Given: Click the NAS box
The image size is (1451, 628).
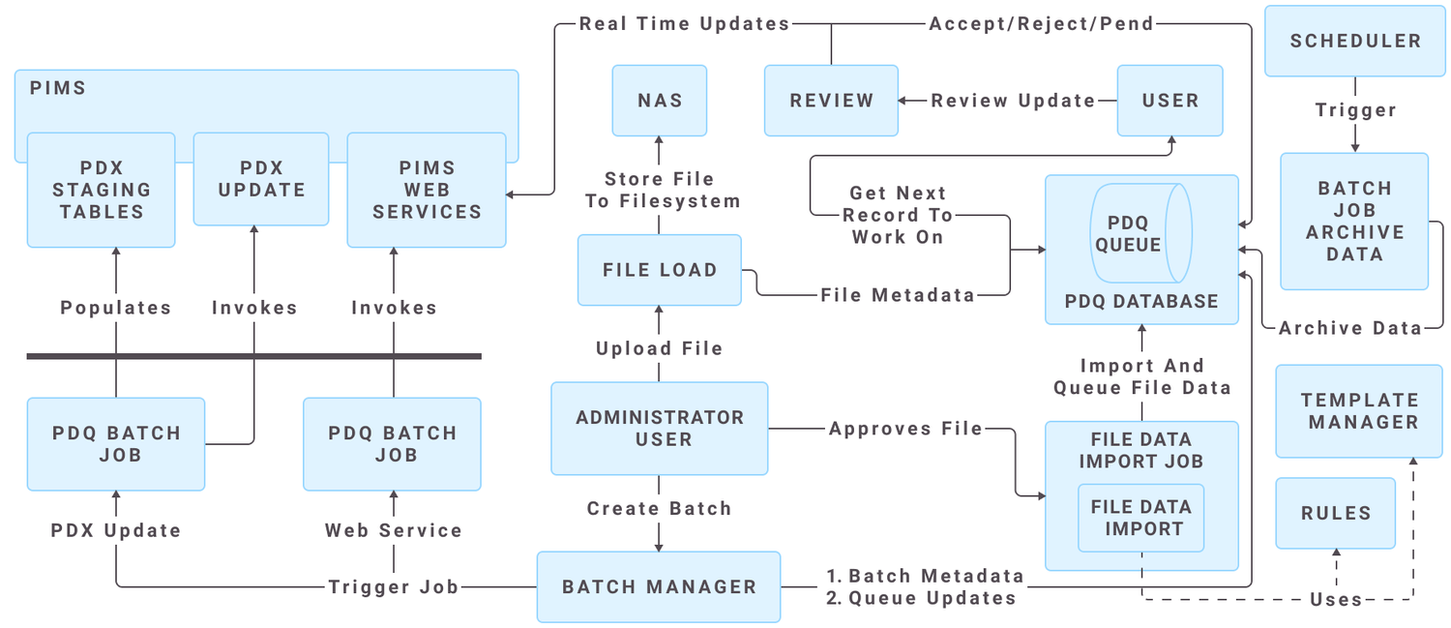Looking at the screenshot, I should point(660,101).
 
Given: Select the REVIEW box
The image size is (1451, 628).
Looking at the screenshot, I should point(831,101).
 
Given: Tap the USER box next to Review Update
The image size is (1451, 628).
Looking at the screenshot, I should point(1170,101).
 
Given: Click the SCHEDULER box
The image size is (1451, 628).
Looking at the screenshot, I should point(1355,42).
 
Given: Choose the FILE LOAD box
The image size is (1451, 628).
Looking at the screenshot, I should point(660,270).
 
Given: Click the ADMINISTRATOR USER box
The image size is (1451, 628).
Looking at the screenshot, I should point(660,429).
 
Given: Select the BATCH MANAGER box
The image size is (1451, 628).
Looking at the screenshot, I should point(659,586).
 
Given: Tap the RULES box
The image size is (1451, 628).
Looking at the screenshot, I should point(1335,514).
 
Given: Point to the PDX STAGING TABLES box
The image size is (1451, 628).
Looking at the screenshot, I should point(102,191).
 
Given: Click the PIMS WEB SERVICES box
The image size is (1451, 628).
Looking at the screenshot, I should point(427,191).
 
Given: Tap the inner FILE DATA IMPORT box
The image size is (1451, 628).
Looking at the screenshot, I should point(1141,518).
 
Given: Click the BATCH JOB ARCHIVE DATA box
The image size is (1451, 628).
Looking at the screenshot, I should point(1354,222).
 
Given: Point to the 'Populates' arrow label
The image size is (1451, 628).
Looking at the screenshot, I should point(115,308).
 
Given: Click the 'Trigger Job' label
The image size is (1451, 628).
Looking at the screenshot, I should point(393,586).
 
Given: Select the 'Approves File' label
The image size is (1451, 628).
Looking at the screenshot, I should point(905,429).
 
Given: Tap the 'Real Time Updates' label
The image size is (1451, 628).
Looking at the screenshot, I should point(684,23).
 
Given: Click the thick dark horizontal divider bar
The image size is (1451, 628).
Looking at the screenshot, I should point(253,356).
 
